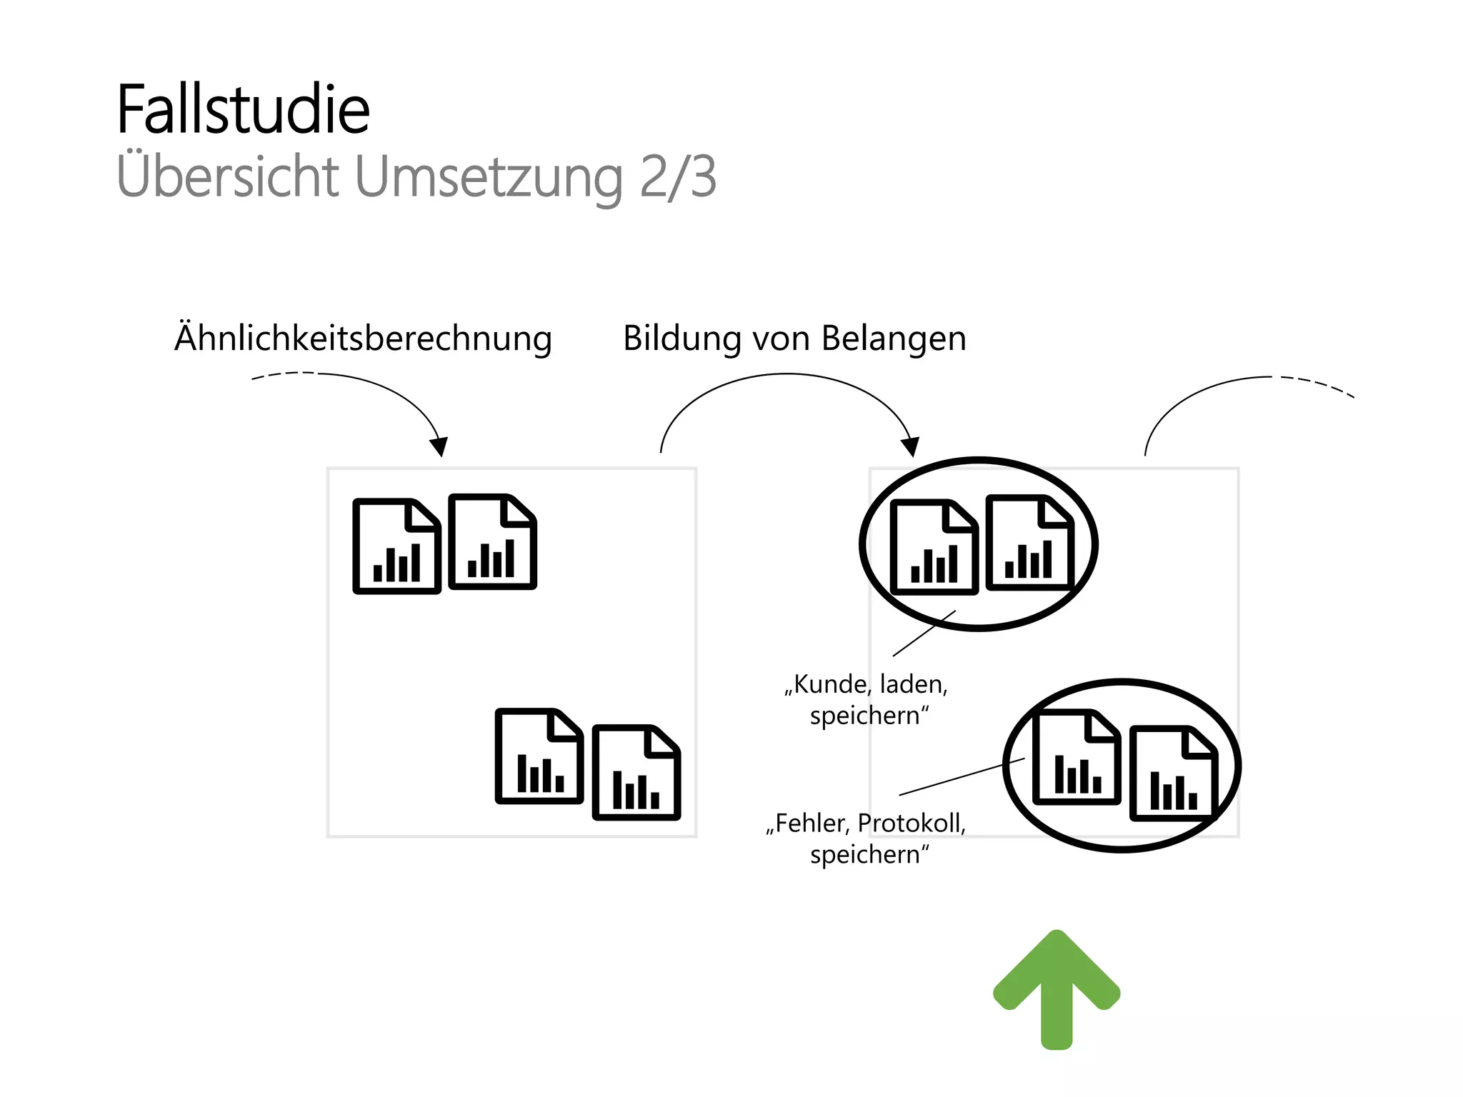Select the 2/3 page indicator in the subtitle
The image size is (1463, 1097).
pyautogui.click(x=677, y=177)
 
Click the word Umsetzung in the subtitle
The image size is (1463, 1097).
pyautogui.click(x=489, y=177)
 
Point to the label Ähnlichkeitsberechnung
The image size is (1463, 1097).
pyautogui.click(x=363, y=338)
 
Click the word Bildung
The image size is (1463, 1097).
pyautogui.click(x=681, y=339)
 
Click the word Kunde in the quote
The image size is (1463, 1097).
pyautogui.click(x=830, y=684)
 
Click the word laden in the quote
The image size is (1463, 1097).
pyautogui.click(x=913, y=684)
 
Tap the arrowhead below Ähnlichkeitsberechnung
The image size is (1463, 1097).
pyautogui.click(x=439, y=446)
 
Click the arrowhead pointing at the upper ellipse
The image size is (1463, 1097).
pyautogui.click(x=910, y=446)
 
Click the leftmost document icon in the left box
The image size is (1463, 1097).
pyautogui.click(x=396, y=546)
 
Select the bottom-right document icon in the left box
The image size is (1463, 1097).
pyautogui.click(x=636, y=773)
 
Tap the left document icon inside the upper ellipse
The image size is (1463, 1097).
pyautogui.click(x=934, y=547)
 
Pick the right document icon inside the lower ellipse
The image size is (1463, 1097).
pyautogui.click(x=1172, y=773)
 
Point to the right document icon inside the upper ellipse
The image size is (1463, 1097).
pyautogui.click(x=1029, y=543)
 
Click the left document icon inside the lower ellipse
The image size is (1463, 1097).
pyautogui.click(x=1077, y=757)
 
